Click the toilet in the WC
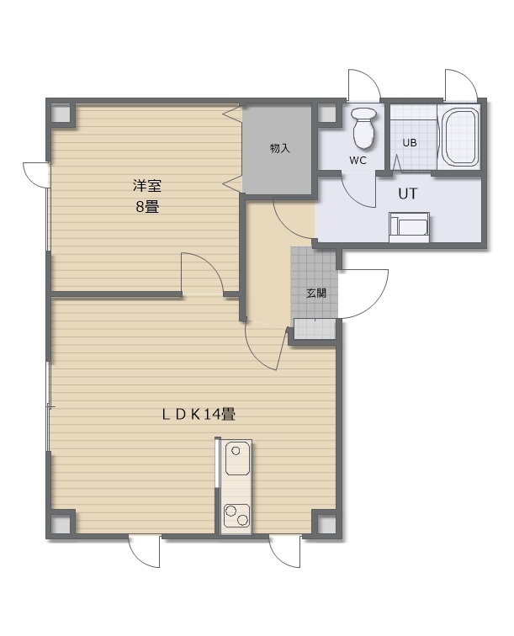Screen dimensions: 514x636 click(363, 128)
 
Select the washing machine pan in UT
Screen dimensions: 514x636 click(409, 227)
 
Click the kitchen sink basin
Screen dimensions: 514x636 click(237, 458)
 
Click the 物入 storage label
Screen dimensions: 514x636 click(280, 148)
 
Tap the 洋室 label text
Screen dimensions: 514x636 click(147, 186)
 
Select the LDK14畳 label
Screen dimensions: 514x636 click(199, 415)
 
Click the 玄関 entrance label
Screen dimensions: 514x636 click(316, 293)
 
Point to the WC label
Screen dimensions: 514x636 click(358, 161)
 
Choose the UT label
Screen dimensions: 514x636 click(407, 193)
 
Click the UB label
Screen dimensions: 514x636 click(410, 143)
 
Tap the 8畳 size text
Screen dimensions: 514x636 click(147, 207)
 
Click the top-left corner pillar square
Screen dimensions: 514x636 click(61, 113)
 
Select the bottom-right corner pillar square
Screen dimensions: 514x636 click(326, 524)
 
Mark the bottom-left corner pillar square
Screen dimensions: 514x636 click(61, 524)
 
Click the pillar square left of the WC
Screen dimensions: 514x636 click(326, 113)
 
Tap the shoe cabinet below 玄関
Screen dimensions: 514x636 click(315, 329)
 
